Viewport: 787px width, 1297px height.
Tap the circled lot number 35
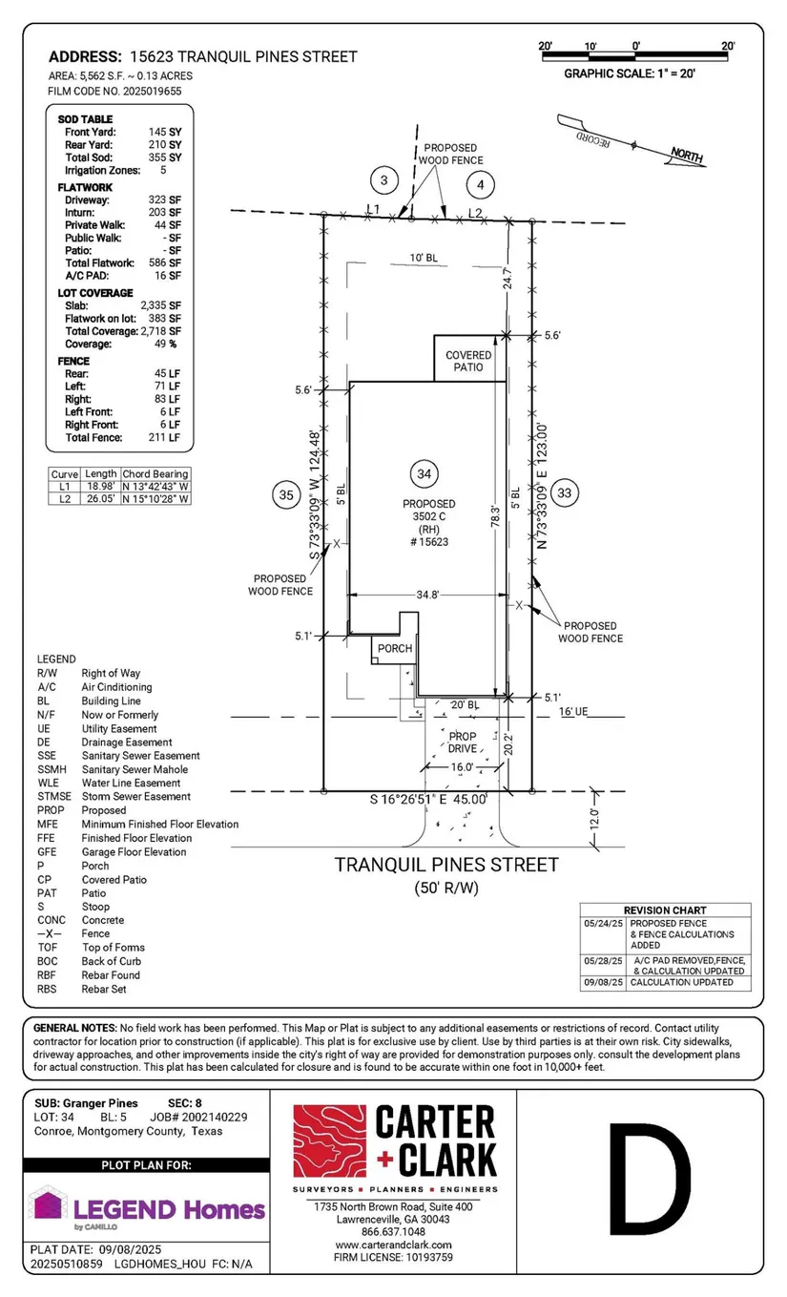[285, 494]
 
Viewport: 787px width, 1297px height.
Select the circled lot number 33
[565, 492]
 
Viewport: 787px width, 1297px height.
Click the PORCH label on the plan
[394, 649]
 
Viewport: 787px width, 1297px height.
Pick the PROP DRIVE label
[463, 743]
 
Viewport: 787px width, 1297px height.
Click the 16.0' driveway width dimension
[463, 766]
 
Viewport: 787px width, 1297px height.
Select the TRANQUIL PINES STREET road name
[445, 865]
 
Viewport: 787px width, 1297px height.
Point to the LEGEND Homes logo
[148, 1208]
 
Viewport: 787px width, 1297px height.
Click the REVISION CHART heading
[665, 910]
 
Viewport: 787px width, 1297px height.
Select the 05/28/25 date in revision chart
[603, 959]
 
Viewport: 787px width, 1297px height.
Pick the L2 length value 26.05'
[100, 498]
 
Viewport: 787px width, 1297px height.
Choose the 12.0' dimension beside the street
[594, 819]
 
